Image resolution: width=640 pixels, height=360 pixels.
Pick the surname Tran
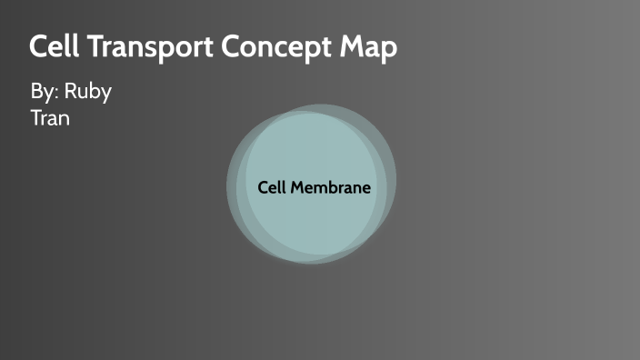(x=50, y=117)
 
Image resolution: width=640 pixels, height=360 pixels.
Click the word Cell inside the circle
(x=272, y=187)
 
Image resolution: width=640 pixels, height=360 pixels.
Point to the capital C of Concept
(x=227, y=47)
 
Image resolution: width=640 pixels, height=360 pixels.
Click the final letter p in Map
(x=389, y=51)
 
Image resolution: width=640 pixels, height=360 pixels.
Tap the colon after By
(x=56, y=95)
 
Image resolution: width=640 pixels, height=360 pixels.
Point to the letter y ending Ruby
(x=105, y=95)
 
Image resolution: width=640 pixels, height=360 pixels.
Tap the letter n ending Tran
(x=65, y=119)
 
